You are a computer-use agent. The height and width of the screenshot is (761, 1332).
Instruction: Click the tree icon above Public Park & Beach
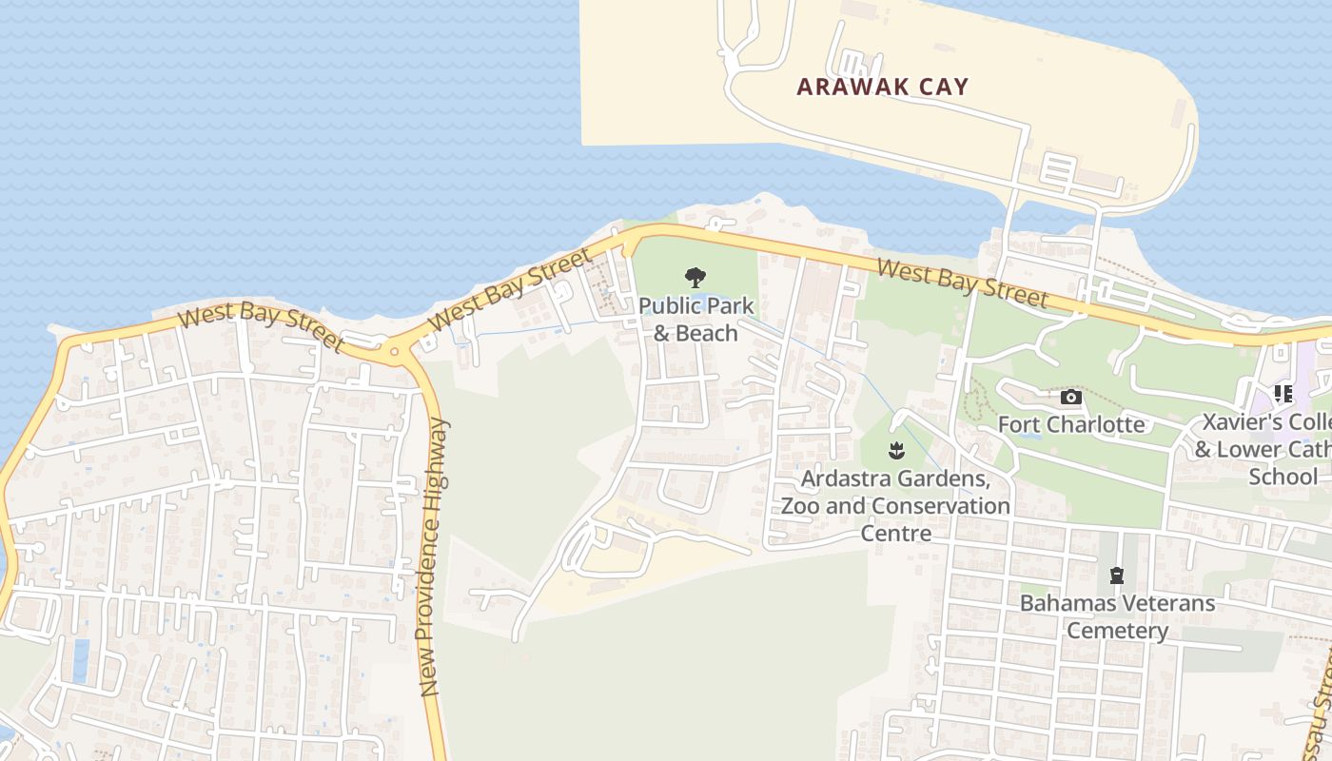click(695, 278)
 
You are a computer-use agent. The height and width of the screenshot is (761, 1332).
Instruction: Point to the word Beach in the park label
click(708, 333)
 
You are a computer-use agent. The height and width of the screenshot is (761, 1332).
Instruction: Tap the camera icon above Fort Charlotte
click(1070, 397)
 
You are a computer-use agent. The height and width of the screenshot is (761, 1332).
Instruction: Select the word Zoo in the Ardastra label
click(801, 505)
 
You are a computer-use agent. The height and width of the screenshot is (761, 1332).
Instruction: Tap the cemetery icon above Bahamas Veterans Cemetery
click(1116, 576)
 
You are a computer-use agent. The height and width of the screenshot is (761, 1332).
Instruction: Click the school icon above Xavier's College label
click(1282, 393)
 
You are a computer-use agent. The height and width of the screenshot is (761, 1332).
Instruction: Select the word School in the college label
click(1283, 477)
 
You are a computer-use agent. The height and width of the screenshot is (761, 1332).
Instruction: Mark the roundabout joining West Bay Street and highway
click(395, 352)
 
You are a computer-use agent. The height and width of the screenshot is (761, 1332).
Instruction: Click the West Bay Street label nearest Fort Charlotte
click(962, 283)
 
